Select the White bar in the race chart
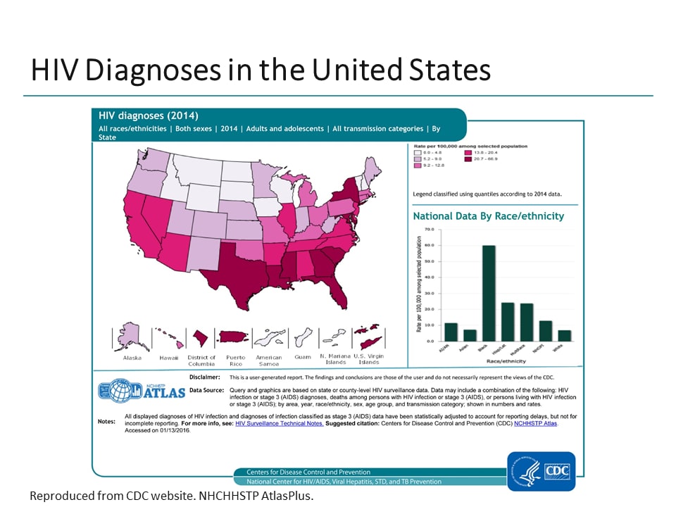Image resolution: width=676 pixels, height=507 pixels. (564, 335)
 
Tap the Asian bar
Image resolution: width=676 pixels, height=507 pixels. (470, 335)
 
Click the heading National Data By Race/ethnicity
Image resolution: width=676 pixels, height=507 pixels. (488, 216)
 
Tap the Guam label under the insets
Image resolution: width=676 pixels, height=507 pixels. (303, 358)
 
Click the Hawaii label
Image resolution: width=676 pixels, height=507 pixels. (169, 358)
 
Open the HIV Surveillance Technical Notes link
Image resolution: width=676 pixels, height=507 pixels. (280, 423)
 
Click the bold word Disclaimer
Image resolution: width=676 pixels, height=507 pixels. (205, 377)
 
